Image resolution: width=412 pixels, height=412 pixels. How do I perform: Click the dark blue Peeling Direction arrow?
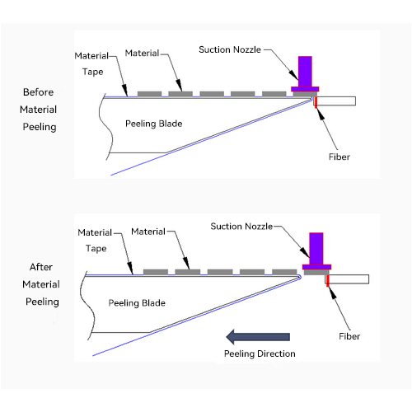(x=258, y=337)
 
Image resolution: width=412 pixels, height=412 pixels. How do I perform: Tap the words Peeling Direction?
(x=260, y=353)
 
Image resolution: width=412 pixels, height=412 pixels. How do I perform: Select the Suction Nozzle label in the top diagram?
(x=230, y=49)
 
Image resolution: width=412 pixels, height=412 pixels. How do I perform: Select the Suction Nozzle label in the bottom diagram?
(x=241, y=227)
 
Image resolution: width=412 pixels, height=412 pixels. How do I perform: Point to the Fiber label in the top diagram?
(x=339, y=157)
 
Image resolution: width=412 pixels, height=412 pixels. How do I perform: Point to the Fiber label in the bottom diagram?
(x=349, y=336)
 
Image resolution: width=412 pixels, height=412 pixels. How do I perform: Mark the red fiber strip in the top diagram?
(x=316, y=102)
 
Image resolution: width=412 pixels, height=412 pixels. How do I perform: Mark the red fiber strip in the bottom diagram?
(x=328, y=281)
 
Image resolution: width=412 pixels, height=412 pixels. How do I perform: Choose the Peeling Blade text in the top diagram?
(x=154, y=124)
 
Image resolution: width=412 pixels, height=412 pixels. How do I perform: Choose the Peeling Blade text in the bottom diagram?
(x=137, y=303)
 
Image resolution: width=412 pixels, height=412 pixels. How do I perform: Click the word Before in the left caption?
(x=38, y=92)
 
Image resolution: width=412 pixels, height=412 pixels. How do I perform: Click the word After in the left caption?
(x=41, y=267)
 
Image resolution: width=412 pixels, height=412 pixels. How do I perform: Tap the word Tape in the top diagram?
(x=93, y=72)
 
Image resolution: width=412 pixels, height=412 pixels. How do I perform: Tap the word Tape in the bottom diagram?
(x=96, y=249)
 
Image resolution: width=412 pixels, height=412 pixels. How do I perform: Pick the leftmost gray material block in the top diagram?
(x=149, y=94)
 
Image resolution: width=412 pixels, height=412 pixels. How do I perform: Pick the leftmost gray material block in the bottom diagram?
(x=156, y=272)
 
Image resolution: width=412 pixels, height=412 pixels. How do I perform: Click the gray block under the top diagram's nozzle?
(x=305, y=94)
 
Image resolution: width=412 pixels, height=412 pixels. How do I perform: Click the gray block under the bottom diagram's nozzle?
(x=316, y=272)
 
